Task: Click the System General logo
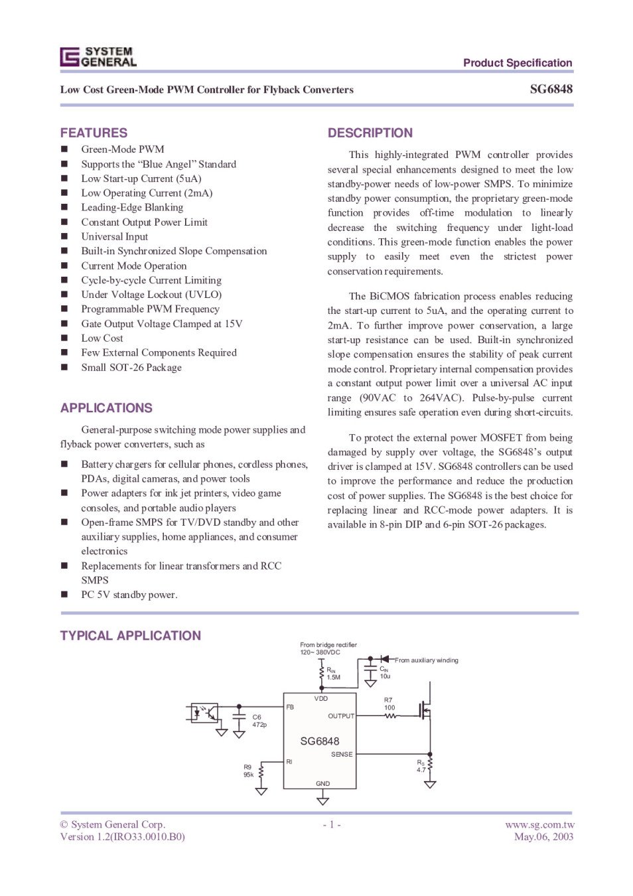pyautogui.click(x=98, y=57)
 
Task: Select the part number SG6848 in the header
pyautogui.click(x=551, y=89)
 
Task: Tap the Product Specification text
pyautogui.click(x=518, y=63)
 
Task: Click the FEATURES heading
pyautogui.click(x=94, y=133)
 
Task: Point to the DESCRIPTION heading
pyautogui.click(x=370, y=133)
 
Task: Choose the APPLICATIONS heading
pyautogui.click(x=106, y=408)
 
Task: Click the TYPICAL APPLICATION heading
pyautogui.click(x=130, y=635)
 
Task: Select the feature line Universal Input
pyautogui.click(x=114, y=236)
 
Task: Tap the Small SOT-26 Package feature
pyautogui.click(x=131, y=367)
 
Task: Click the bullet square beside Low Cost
pyautogui.click(x=64, y=338)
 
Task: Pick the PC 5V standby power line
pyautogui.click(x=129, y=595)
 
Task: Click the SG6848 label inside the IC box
pyautogui.click(x=319, y=741)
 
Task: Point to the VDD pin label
pyautogui.click(x=321, y=698)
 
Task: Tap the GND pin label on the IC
pyautogui.click(x=322, y=783)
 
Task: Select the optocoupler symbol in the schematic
pyautogui.click(x=204, y=713)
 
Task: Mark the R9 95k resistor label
pyautogui.click(x=248, y=771)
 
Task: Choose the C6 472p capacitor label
pyautogui.click(x=259, y=721)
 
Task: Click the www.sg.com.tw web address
pyautogui.click(x=539, y=824)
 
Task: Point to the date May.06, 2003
pyautogui.click(x=543, y=836)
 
